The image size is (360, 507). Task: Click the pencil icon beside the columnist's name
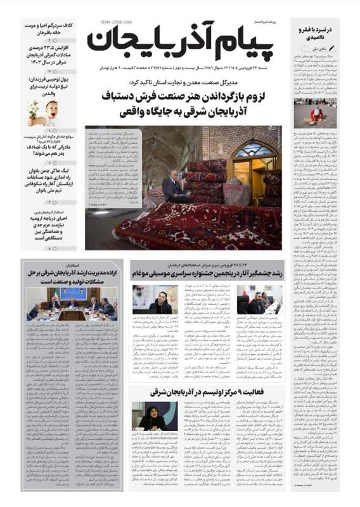[x=343, y=48]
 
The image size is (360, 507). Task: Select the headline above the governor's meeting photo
[x=72, y=274]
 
